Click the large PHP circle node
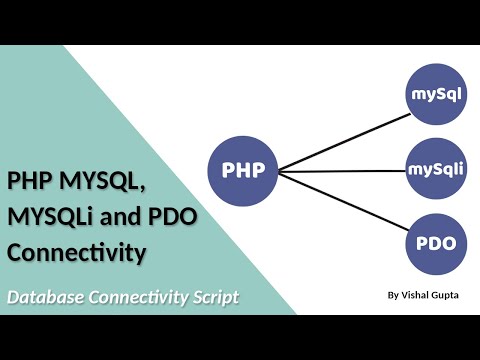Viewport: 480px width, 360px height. [244, 169]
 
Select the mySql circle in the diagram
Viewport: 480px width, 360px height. [436, 94]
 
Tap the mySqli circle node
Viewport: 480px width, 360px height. [436, 168]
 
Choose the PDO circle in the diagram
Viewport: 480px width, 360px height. [436, 243]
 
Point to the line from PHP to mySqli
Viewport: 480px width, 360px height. [340, 170]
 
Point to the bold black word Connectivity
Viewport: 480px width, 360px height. [78, 254]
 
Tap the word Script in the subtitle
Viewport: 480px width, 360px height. [215, 297]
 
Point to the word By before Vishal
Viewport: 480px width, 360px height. [391, 295]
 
